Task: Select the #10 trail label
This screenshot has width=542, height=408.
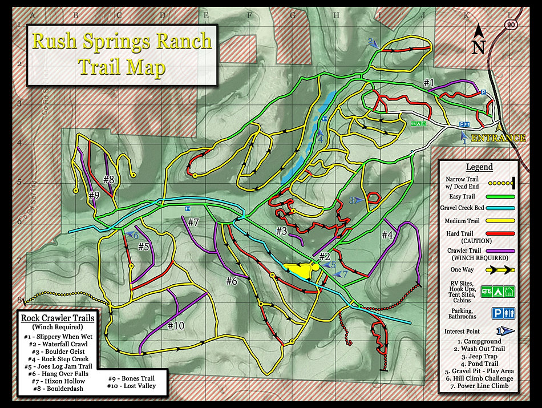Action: pyautogui.click(x=176, y=325)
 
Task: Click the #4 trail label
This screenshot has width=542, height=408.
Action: pyautogui.click(x=387, y=235)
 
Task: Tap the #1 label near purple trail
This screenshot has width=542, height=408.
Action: pyautogui.click(x=429, y=83)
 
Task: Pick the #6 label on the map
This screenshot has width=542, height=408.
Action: pyautogui.click(x=231, y=281)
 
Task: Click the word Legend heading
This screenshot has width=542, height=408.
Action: pyautogui.click(x=479, y=167)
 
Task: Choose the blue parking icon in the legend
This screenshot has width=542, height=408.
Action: pyautogui.click(x=497, y=313)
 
